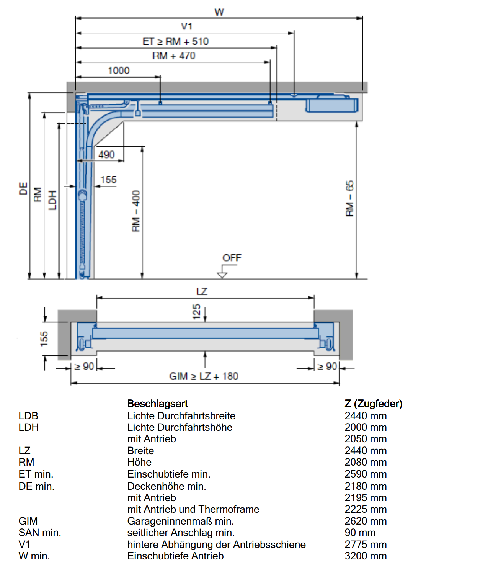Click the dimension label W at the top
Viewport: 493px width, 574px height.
pos(219,12)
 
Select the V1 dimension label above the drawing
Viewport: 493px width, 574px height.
pos(186,26)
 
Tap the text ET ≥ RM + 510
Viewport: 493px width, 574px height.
pos(175,41)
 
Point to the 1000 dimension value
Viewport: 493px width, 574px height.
pos(119,70)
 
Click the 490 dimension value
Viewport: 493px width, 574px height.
pos(106,154)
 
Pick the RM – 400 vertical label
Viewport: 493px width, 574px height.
pos(136,211)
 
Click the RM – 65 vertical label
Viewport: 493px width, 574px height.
pos(350,198)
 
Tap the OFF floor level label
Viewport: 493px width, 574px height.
pos(232,258)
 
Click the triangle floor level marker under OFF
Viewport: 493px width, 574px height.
pos(222,275)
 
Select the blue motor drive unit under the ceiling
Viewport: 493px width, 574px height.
pos(332,105)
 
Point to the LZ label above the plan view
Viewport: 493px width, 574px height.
pos(202,291)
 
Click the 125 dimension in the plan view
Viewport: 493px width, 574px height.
pos(196,312)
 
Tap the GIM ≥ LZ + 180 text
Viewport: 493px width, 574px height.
pos(204,376)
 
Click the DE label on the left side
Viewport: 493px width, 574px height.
pos(24,188)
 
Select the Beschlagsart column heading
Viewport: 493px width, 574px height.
pos(157,404)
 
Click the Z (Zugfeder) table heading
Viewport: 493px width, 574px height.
pos(374,404)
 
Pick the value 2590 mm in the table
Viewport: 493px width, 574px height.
pos(366,474)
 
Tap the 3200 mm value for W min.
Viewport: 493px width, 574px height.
pos(366,556)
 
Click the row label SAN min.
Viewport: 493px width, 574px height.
pos(40,533)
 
